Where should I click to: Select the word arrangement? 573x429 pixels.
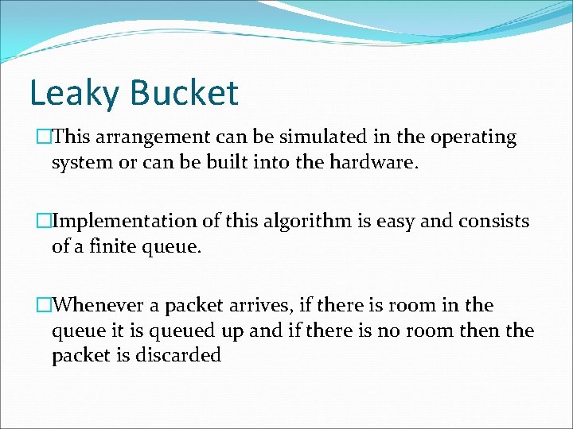coord(149,138)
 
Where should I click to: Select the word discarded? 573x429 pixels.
coord(175,355)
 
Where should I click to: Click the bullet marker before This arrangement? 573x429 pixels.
coord(44,137)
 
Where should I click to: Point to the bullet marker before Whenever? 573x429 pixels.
coord(44,305)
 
